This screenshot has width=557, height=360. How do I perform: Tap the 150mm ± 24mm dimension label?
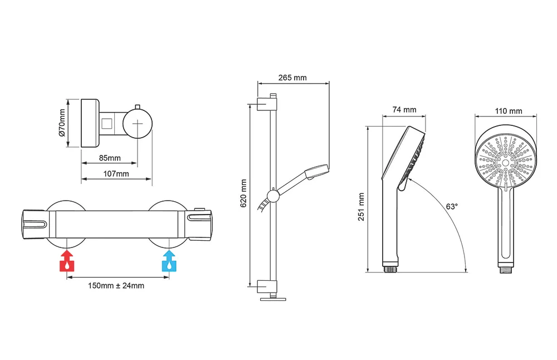(x=116, y=286)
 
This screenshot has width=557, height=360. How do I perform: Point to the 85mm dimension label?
(x=110, y=158)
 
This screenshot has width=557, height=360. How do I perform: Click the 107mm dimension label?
(x=116, y=174)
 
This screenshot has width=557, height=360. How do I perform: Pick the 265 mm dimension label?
(x=293, y=77)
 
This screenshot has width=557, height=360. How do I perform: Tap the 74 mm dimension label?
(x=404, y=110)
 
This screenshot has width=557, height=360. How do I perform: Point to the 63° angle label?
(x=452, y=206)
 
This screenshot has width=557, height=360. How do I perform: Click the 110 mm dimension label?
(x=509, y=111)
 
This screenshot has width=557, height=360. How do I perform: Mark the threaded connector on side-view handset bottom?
(x=390, y=268)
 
